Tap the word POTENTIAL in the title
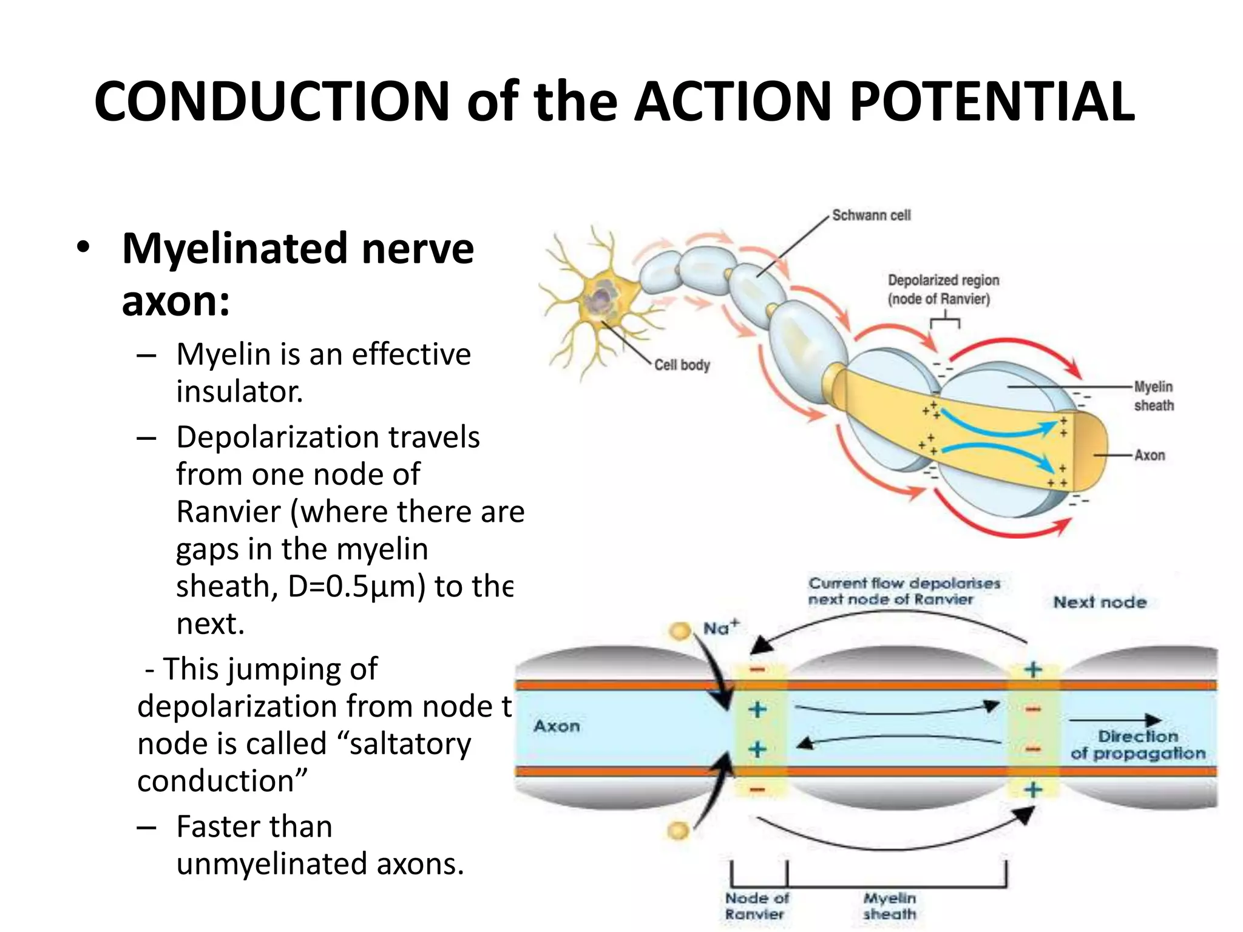[991, 101]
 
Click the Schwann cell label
[871, 215]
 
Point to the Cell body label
[682, 365]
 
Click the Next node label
[1100, 603]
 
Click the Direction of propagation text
[1137, 745]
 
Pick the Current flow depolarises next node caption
[904, 591]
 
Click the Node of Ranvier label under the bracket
[756, 906]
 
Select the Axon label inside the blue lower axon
[557, 726]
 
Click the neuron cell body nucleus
[601, 297]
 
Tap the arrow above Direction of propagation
[1114, 720]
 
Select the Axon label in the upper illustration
[1150, 455]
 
